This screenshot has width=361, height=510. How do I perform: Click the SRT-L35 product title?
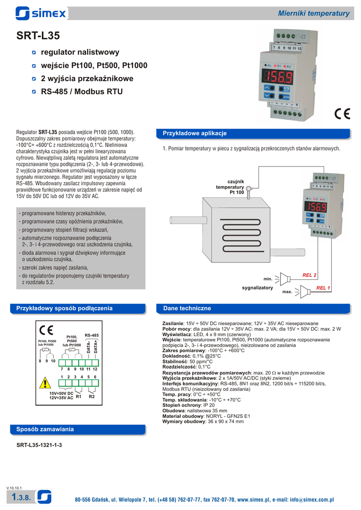click(38, 35)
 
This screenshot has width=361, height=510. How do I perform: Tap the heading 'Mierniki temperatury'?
click(314, 13)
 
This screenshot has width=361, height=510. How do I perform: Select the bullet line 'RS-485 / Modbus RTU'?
click(81, 92)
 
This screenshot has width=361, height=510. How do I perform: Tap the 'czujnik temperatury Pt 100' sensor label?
click(230, 187)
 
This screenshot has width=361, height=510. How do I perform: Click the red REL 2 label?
click(310, 275)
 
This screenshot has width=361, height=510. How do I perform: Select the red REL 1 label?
click(324, 288)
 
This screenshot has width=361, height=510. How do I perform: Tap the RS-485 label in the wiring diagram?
click(92, 335)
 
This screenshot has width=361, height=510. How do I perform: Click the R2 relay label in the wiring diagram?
click(92, 397)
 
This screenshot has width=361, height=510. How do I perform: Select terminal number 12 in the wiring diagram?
click(95, 369)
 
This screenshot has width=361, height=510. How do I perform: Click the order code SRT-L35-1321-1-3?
click(39, 445)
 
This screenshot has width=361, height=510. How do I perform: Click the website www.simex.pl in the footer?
click(253, 500)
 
